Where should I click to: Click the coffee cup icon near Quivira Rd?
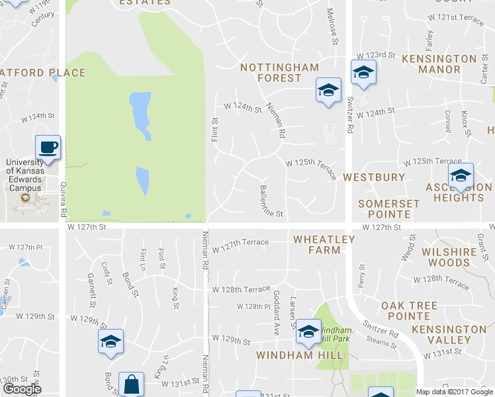[48, 147]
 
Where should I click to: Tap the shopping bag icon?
[131, 384]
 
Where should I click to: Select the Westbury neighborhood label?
[374, 177]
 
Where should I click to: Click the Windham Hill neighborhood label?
[300, 355]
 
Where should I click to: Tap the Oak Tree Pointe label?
[409, 306]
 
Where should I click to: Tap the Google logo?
[22, 389]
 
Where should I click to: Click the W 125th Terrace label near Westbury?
[311, 163]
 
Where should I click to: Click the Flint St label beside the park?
[214, 129]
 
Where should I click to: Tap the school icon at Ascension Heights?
[461, 175]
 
